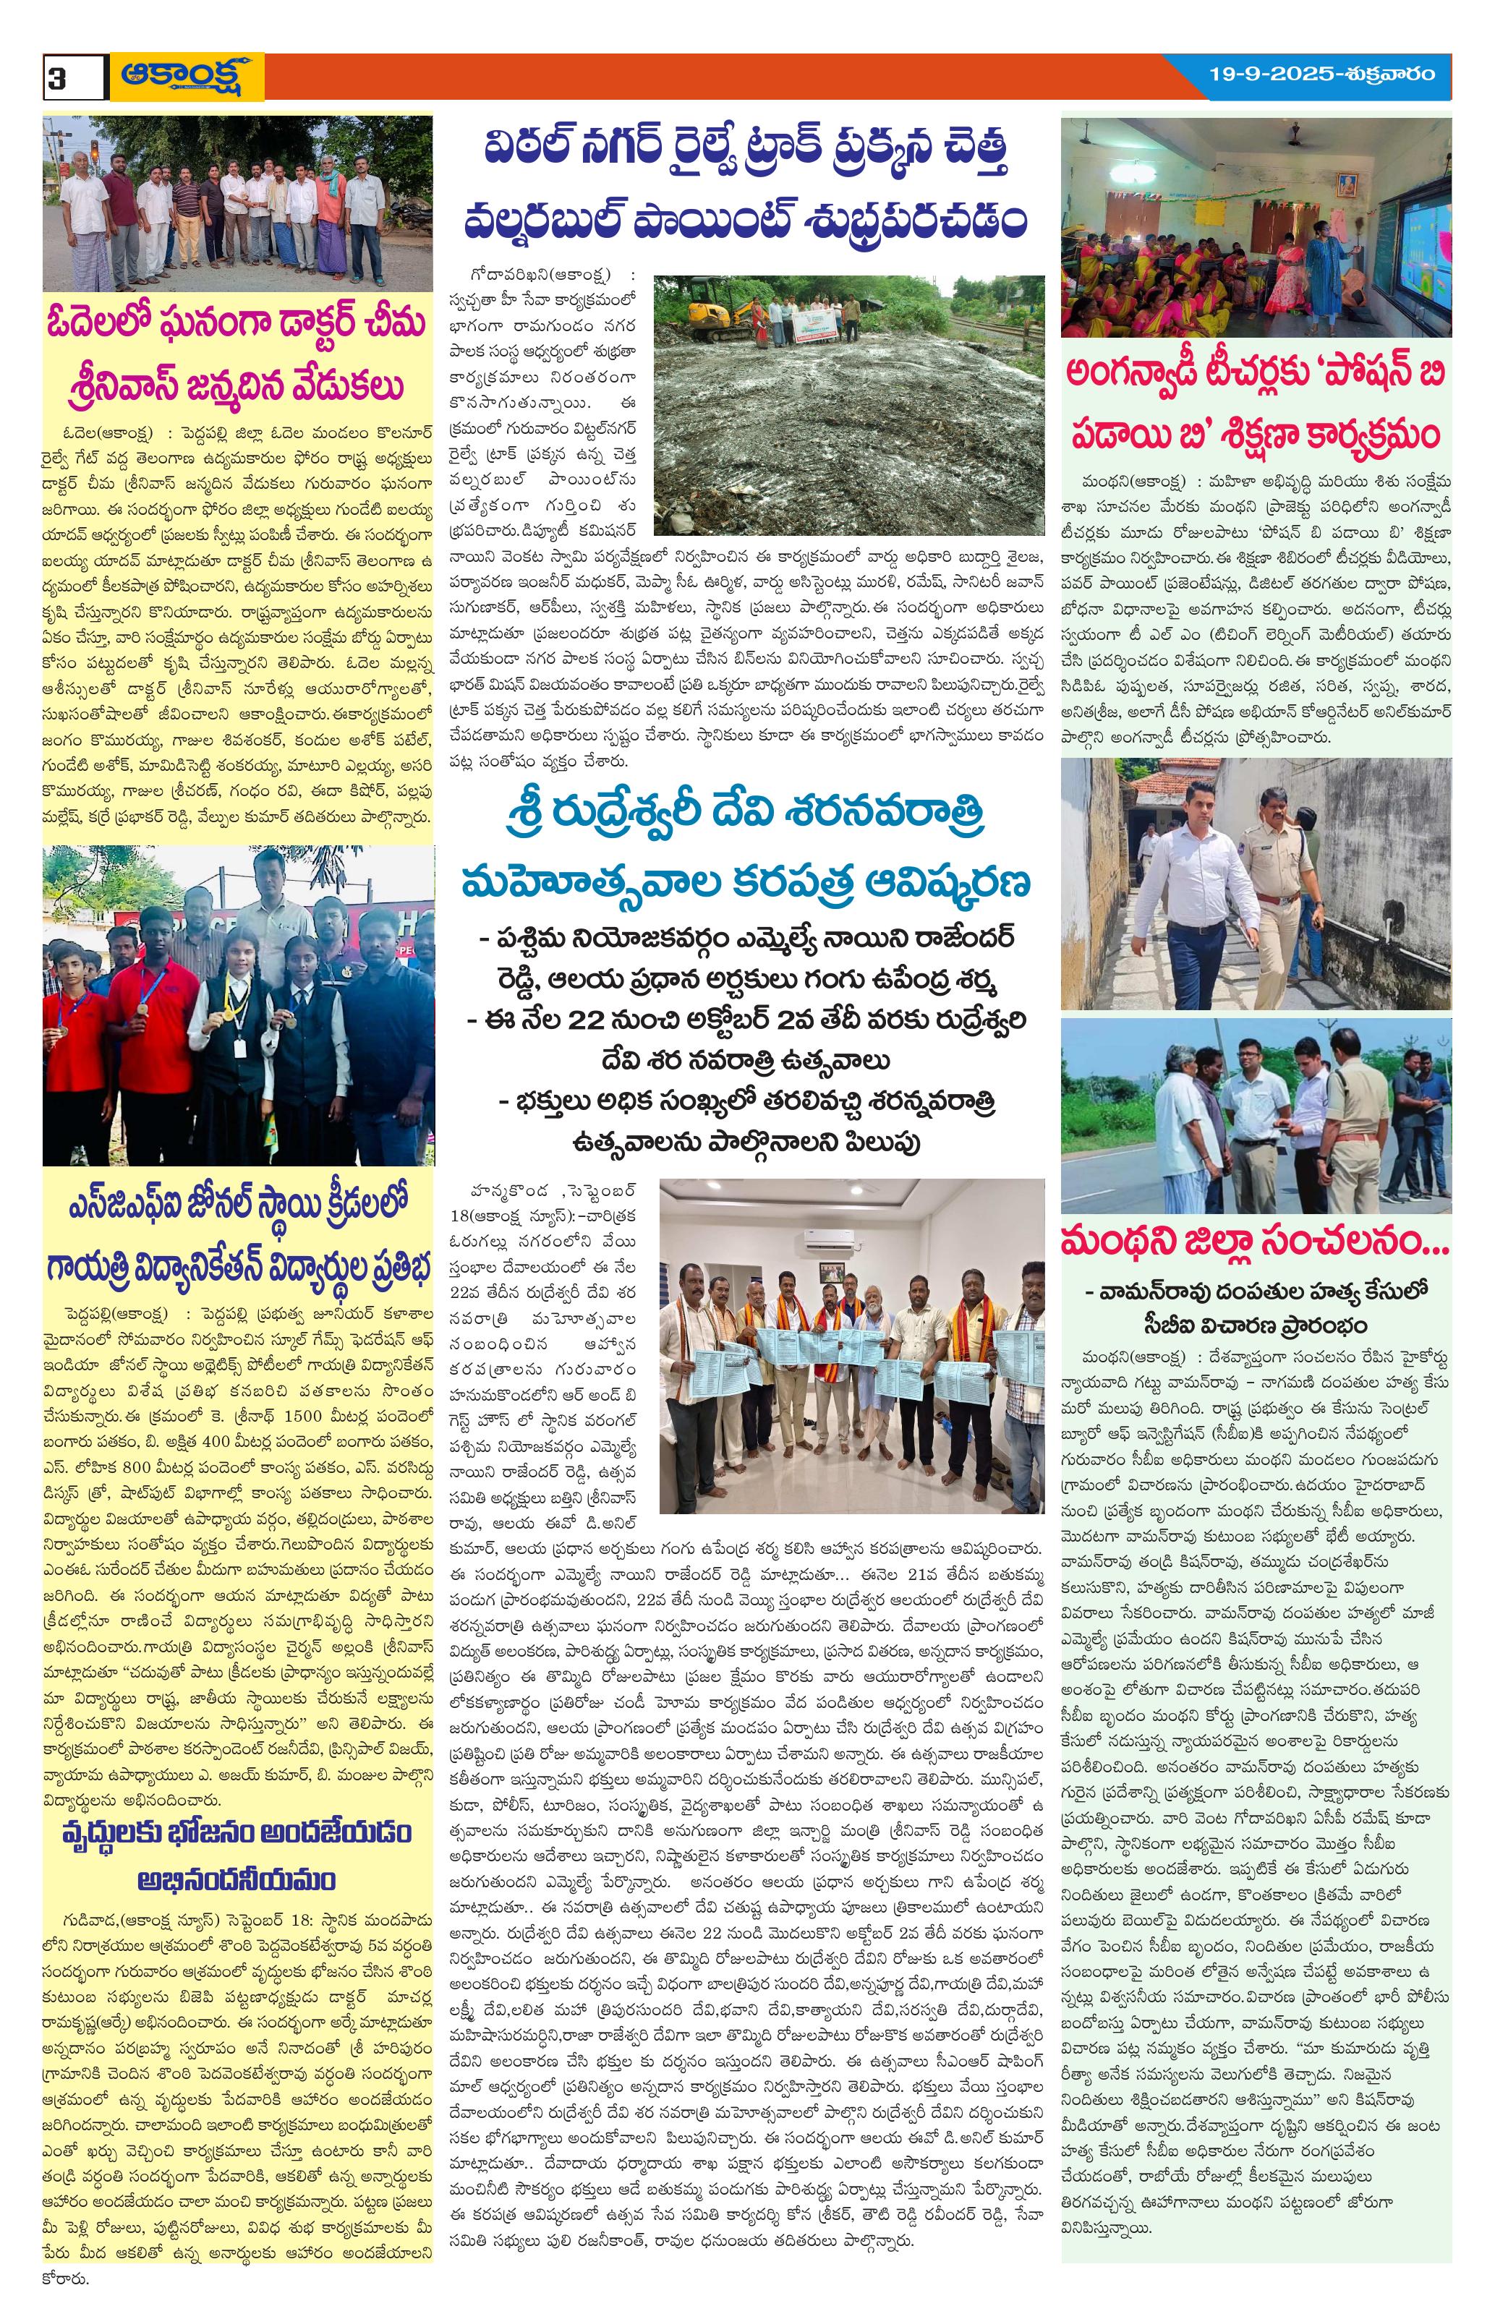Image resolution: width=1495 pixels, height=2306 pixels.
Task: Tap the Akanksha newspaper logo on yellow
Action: click(x=186, y=77)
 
